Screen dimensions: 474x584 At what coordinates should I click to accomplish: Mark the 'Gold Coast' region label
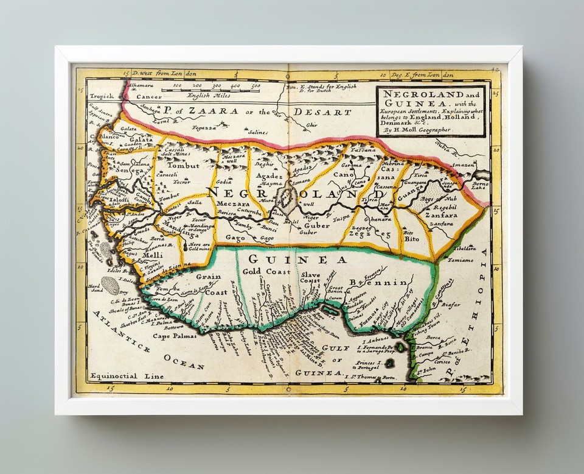(266, 271)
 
